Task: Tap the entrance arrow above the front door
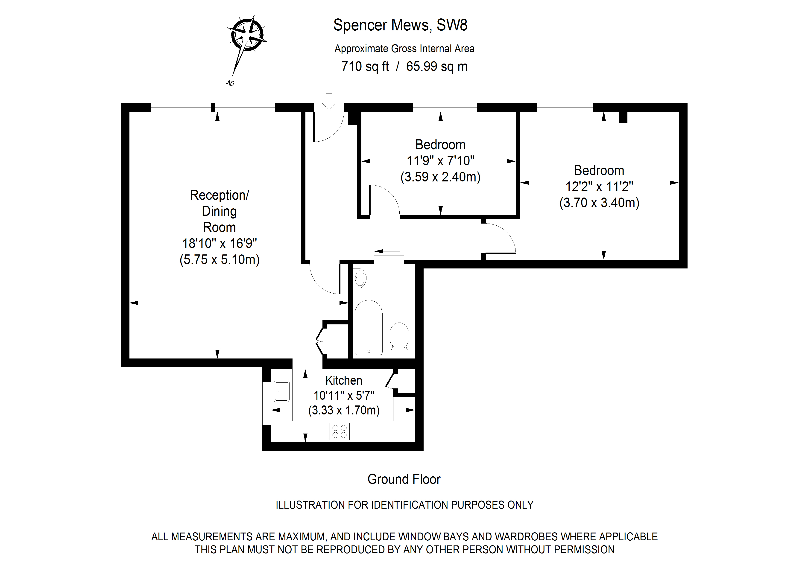point(329,101)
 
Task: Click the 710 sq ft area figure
point(365,67)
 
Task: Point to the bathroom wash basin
point(359,278)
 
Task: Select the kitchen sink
point(281,391)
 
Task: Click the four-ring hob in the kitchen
point(339,431)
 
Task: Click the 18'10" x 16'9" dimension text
point(219,243)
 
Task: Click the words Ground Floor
point(404,479)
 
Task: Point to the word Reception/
point(219,195)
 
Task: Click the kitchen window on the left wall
point(266,403)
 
